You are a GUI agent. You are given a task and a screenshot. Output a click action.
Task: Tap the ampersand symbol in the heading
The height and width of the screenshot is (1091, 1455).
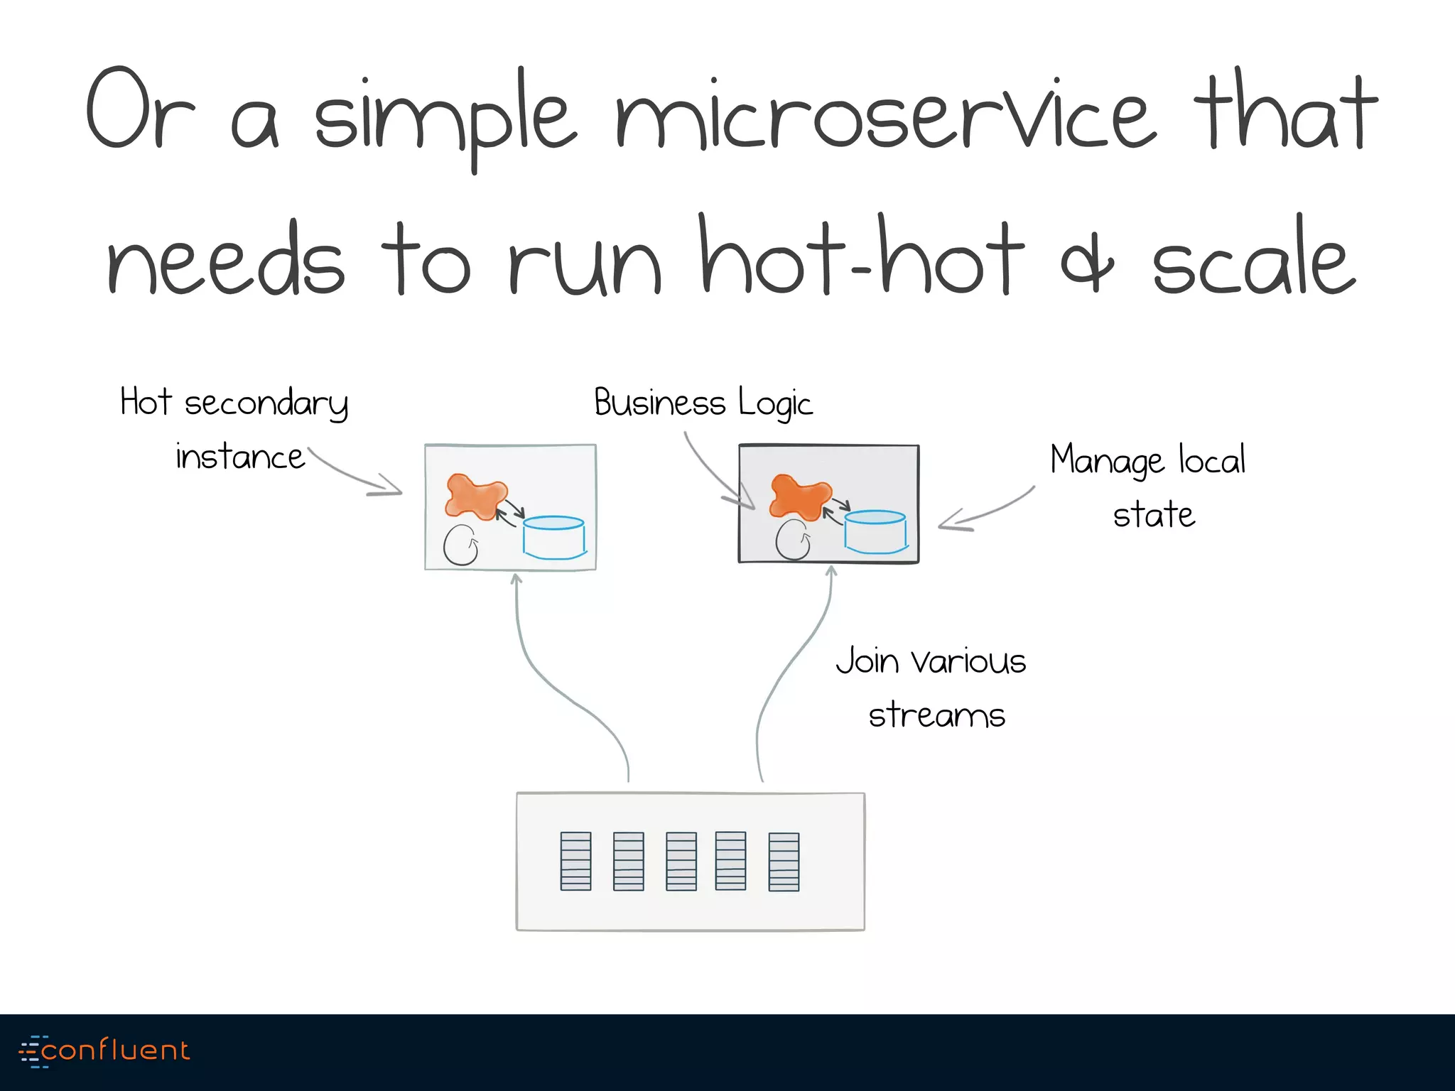(1087, 264)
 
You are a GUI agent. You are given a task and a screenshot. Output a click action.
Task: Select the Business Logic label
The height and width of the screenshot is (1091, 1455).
(703, 403)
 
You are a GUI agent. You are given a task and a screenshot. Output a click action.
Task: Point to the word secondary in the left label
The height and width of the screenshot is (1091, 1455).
(266, 403)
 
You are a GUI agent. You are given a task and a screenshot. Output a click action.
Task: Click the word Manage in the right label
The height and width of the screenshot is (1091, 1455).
(1107, 460)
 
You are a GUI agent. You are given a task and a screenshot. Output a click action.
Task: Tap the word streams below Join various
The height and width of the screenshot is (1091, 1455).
(936, 715)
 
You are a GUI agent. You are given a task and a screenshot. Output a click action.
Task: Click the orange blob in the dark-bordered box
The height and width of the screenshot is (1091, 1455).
(799, 495)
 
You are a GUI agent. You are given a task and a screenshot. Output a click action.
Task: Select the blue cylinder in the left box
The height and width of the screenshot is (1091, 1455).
(554, 537)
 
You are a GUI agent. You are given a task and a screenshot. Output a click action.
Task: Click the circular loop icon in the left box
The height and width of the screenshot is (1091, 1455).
(460, 545)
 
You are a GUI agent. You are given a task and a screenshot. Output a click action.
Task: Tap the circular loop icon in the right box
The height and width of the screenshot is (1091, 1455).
(792, 540)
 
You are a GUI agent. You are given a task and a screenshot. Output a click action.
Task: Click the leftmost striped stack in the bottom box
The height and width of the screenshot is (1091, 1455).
(575, 861)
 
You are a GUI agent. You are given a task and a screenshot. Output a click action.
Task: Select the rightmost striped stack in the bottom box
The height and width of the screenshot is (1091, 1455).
(784, 862)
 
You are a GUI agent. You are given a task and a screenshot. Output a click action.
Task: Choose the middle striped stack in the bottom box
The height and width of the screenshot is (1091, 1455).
(681, 861)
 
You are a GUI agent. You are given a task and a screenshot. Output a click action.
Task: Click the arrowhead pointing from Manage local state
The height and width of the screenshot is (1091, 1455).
(948, 525)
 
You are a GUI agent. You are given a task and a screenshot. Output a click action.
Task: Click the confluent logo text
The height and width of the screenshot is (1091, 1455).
(115, 1051)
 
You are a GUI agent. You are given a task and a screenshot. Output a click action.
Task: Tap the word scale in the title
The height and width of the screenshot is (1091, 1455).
(1254, 263)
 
